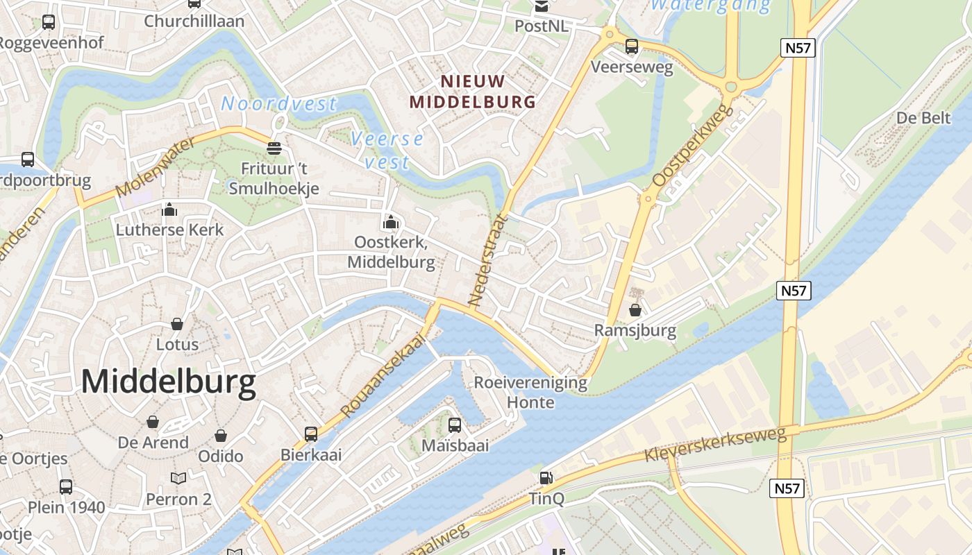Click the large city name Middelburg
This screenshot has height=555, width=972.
coord(169,382)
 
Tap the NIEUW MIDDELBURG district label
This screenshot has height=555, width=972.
coord(472,92)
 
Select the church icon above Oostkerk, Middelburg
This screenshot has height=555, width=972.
coord(391,223)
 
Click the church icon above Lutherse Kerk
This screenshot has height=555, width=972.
coord(169,210)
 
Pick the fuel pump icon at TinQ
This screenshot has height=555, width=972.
coord(547,478)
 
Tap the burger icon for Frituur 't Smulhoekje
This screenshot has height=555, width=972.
coord(274,148)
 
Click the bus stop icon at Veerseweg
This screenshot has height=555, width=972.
coord(632,46)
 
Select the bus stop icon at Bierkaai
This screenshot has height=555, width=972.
coord(311,434)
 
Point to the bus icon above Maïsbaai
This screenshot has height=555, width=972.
coord(455,425)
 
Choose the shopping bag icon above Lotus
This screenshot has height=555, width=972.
coord(177,324)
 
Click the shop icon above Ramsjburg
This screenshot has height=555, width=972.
coord(635,310)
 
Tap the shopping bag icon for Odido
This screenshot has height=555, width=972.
coord(221,436)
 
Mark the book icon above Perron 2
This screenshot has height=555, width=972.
coord(178,479)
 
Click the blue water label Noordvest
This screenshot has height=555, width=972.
coord(278,104)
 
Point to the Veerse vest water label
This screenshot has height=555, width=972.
coord(387,150)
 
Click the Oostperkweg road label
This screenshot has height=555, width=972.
coord(692,146)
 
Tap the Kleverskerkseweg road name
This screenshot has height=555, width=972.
coord(715,445)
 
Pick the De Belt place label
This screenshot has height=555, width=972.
coord(923,118)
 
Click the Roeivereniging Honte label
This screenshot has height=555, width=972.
coord(530,392)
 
